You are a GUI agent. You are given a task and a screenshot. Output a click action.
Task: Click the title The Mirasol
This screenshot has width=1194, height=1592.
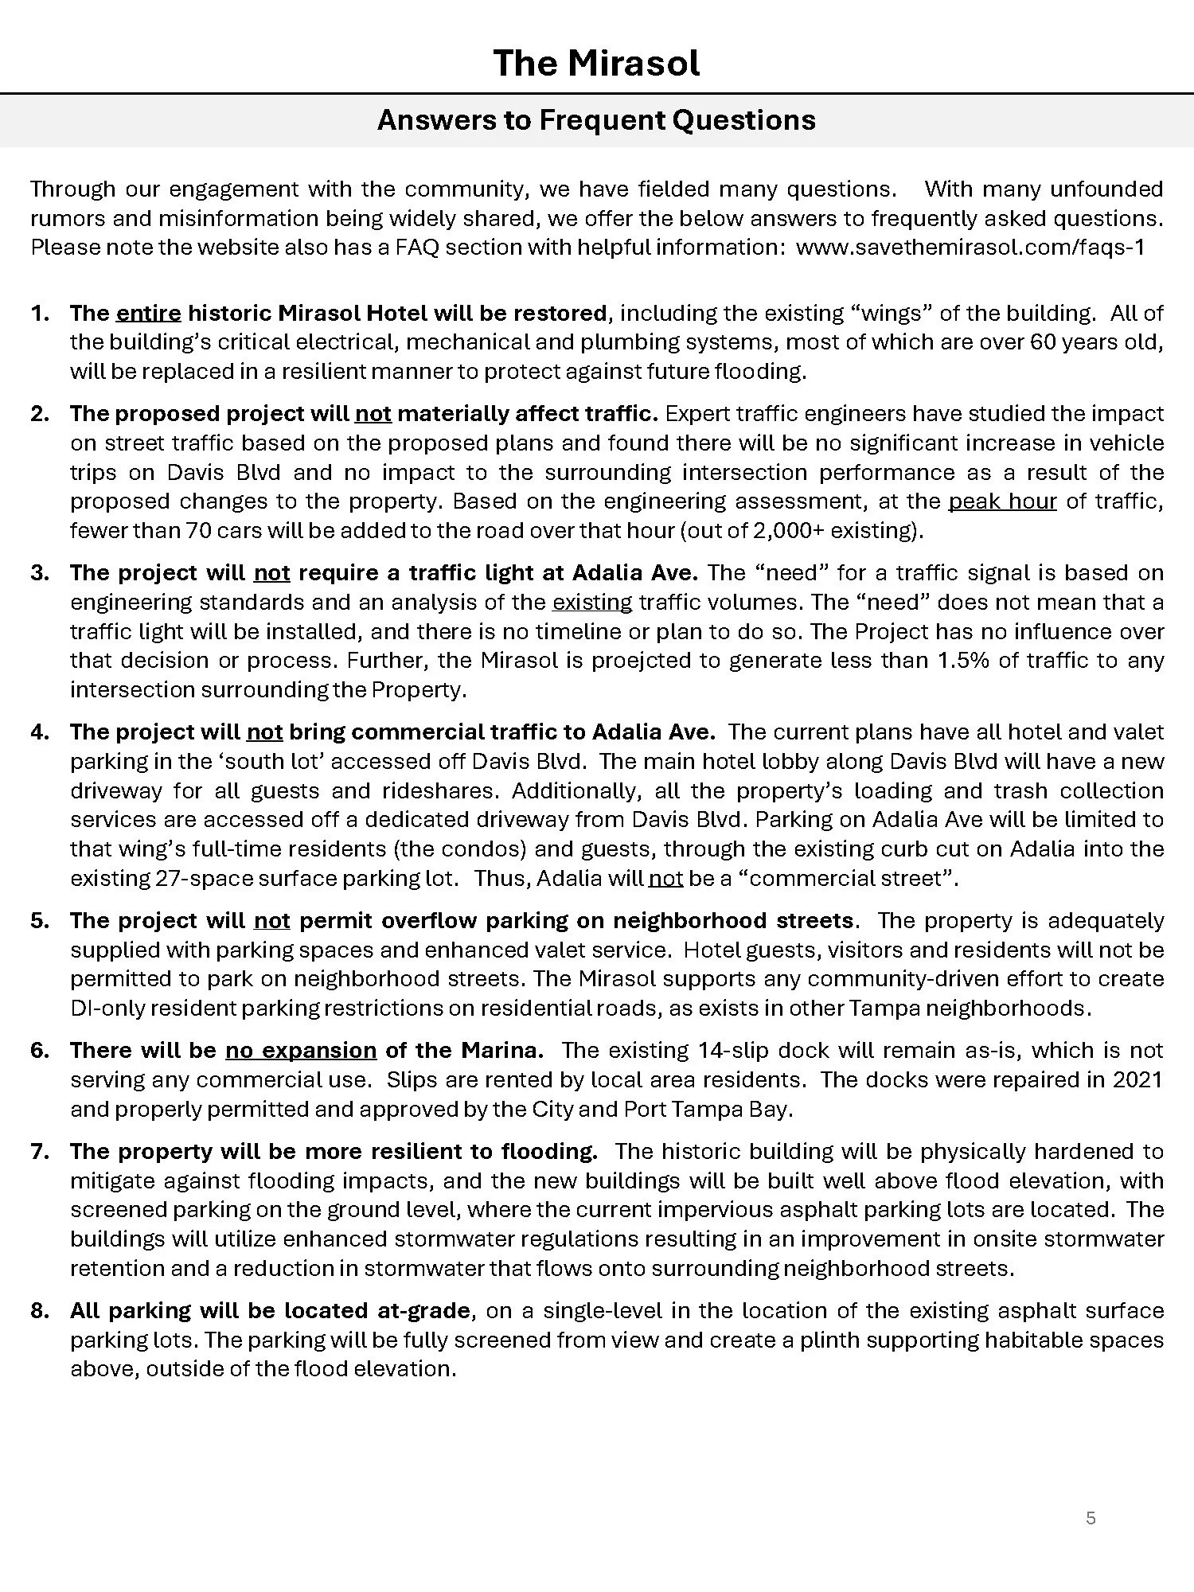pyautogui.click(x=595, y=63)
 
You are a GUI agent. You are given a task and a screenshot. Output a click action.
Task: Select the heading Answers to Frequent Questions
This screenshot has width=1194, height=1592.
pyautogui.click(x=595, y=120)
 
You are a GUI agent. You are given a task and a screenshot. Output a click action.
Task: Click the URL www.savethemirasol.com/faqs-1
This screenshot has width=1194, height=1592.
pyautogui.click(x=970, y=248)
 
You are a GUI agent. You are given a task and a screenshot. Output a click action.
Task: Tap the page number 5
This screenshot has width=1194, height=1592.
pyautogui.click(x=1091, y=1519)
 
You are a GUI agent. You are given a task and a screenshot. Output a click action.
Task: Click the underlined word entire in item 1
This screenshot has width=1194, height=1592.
pyautogui.click(x=149, y=313)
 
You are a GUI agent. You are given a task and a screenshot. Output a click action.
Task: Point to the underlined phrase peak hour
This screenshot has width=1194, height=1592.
pyautogui.click(x=1002, y=501)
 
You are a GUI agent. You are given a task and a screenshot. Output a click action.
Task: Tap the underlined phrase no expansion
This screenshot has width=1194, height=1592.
pyautogui.click(x=301, y=1051)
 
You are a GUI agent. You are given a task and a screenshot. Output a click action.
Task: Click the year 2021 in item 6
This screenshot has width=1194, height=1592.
pyautogui.click(x=1137, y=1080)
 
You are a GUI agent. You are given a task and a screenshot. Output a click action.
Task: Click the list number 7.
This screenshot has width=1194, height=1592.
pyautogui.click(x=39, y=1152)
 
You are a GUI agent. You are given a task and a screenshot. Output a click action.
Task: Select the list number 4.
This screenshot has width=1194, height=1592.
pyautogui.click(x=39, y=732)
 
